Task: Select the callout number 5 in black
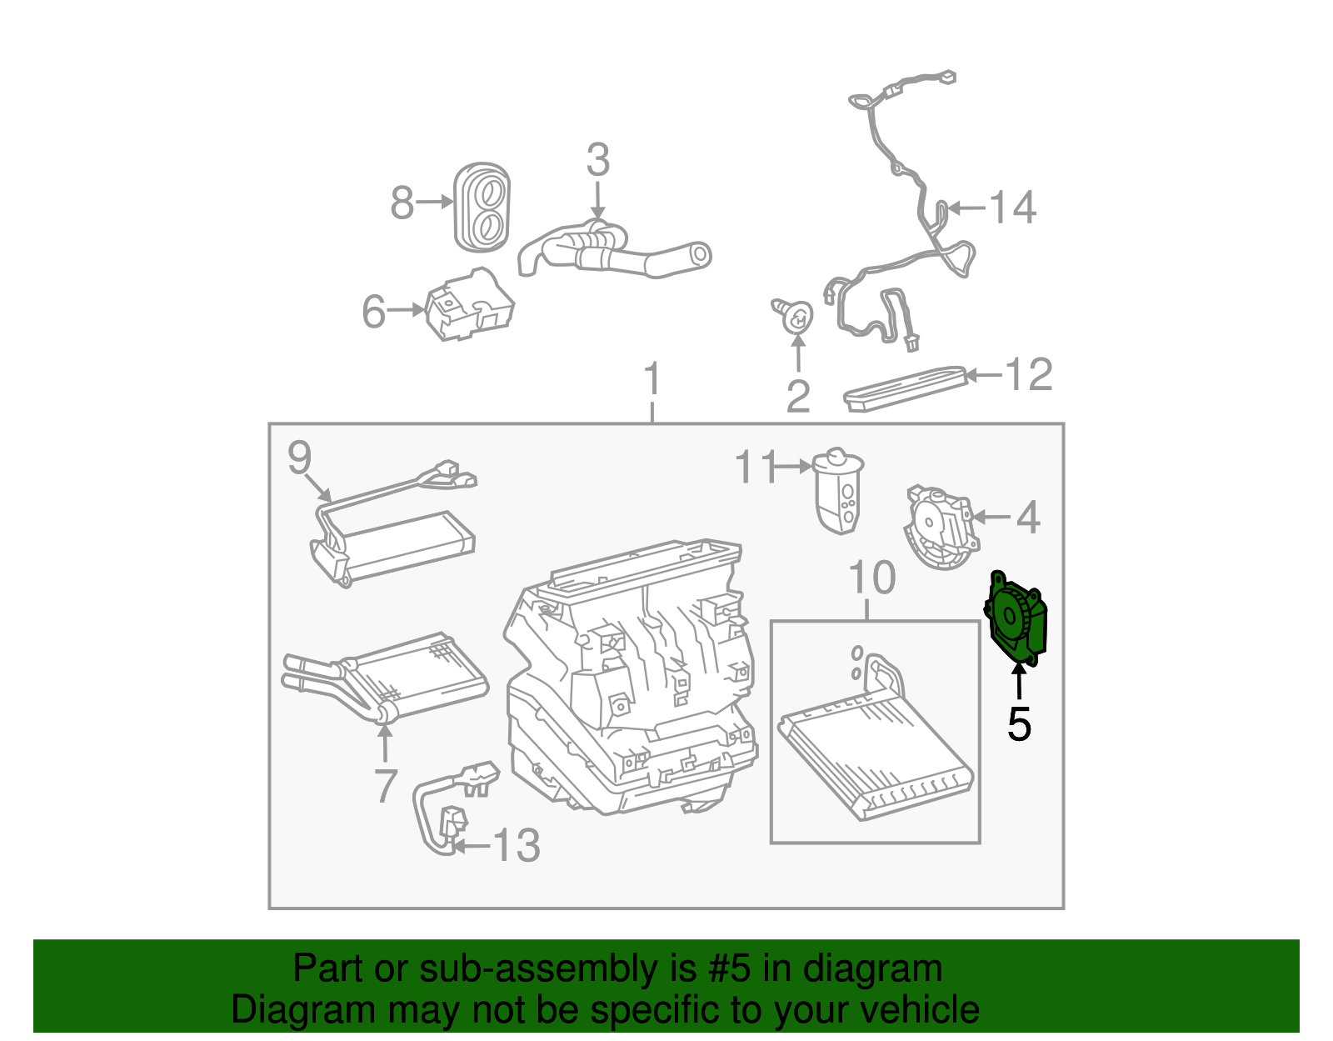click(x=1019, y=724)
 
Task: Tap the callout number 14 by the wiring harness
click(x=1012, y=208)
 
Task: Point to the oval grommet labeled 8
click(x=482, y=207)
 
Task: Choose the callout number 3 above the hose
click(x=597, y=160)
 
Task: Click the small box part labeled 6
click(x=469, y=306)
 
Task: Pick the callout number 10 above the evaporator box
click(x=871, y=578)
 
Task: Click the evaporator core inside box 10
click(x=875, y=754)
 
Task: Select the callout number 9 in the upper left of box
click(x=299, y=458)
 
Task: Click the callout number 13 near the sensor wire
click(x=517, y=846)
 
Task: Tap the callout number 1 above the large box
click(x=652, y=380)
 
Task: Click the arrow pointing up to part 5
click(x=1018, y=679)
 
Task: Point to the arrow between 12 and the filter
click(x=983, y=375)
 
